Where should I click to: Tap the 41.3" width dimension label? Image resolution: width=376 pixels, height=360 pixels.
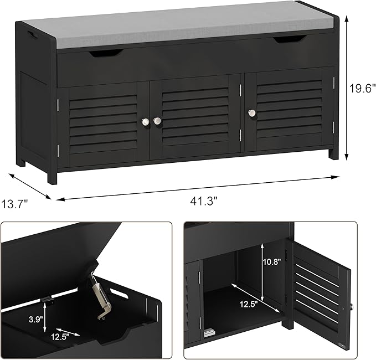point(205,202)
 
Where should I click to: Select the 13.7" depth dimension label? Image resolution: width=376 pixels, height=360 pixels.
point(15,204)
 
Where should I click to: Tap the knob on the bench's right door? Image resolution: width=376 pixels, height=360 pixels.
point(252,113)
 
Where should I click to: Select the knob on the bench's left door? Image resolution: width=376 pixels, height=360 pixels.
point(145,121)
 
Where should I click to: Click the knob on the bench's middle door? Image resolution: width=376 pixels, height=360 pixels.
point(157,120)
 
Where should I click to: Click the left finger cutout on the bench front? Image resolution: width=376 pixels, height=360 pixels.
point(105,53)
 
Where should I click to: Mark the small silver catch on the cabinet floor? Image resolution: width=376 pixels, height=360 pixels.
point(209,335)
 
